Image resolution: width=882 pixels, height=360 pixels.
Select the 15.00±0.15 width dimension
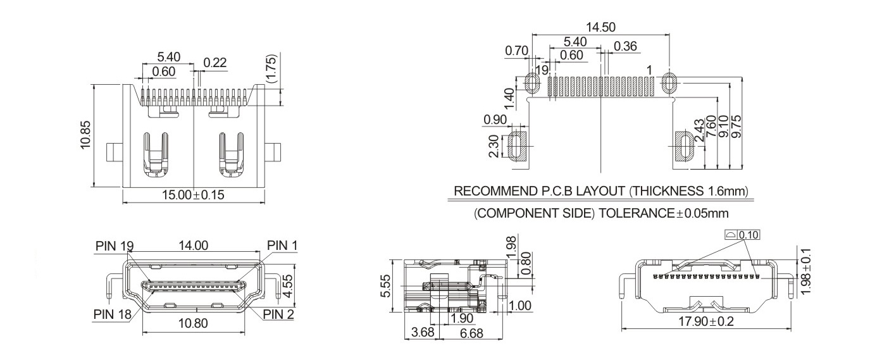pyautogui.click(x=193, y=195)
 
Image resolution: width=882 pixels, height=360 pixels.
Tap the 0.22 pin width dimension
pyautogui.click(x=214, y=62)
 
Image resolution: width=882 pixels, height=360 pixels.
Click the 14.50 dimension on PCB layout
pyautogui.click(x=600, y=27)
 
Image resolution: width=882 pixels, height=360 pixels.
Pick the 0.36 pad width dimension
pyautogui.click(x=625, y=46)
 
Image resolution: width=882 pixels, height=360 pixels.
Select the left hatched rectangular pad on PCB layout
pyautogui.click(x=518, y=146)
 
